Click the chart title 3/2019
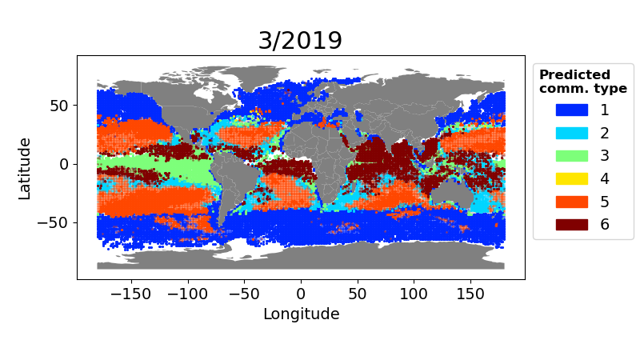click(300, 41)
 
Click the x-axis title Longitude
click(301, 314)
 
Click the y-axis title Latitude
click(25, 168)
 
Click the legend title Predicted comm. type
click(582, 82)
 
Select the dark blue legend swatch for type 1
click(571, 110)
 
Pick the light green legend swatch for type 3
click(571, 155)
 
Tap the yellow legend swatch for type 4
click(571, 178)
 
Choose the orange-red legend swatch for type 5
click(571, 201)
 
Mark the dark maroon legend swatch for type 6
click(571, 224)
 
